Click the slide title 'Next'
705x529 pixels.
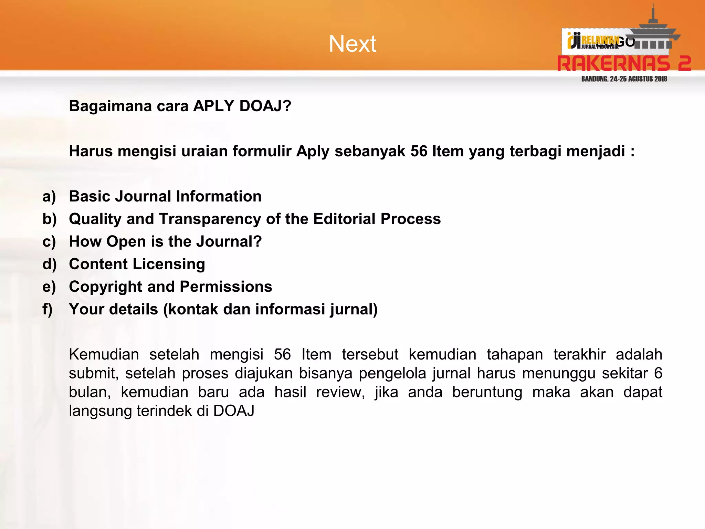tap(352, 44)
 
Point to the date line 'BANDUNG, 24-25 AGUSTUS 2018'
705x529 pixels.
tap(624, 79)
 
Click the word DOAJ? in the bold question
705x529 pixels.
tap(265, 106)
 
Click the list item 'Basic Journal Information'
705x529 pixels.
tap(165, 196)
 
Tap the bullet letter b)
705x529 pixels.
tap(50, 219)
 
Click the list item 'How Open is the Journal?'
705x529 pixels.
tap(165, 241)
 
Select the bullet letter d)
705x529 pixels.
tap(50, 264)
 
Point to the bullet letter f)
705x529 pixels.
tap(48, 309)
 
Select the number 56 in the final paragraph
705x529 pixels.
tap(282, 354)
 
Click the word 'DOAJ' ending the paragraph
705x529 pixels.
tap(234, 411)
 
